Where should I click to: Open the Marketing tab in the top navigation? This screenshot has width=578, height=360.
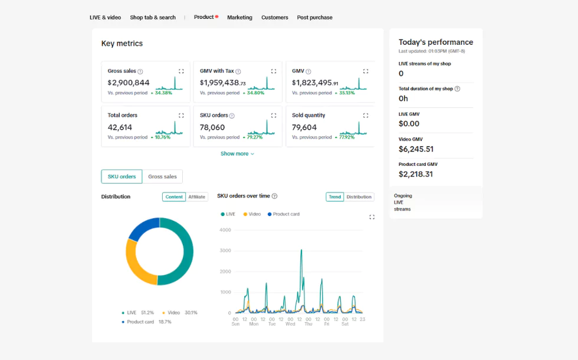239,18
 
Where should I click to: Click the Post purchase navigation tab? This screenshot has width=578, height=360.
314,18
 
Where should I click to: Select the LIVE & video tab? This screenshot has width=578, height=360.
105,18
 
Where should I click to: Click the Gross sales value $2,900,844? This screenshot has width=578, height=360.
129,83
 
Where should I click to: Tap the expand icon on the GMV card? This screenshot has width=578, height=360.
366,71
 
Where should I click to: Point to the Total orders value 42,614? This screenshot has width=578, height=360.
120,127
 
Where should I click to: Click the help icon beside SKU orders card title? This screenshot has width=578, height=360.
232,116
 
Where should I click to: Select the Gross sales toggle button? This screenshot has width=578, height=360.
162,176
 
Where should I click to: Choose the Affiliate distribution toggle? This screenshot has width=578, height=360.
197,197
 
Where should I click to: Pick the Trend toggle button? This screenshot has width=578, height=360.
335,197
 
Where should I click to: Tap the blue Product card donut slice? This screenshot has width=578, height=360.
142,229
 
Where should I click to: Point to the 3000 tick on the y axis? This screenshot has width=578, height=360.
225,251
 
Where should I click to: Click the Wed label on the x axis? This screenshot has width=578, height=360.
290,324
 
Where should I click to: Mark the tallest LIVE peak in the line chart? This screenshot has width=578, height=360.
301,250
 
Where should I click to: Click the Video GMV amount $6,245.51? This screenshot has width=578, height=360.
416,149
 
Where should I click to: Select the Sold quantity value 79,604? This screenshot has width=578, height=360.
304,127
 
